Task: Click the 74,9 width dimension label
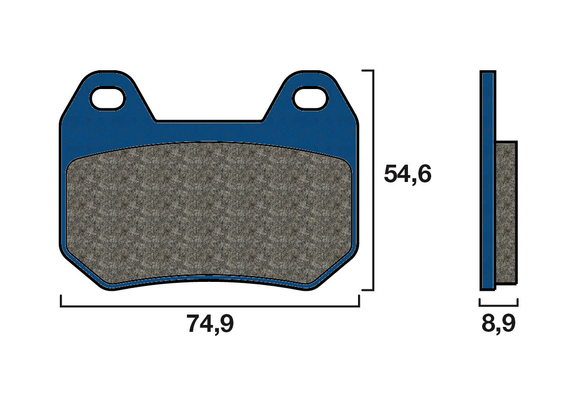pyautogui.click(x=210, y=324)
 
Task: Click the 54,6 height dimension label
pyautogui.click(x=407, y=175)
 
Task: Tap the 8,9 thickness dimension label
pyautogui.click(x=498, y=324)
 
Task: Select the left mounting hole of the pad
pyautogui.click(x=107, y=98)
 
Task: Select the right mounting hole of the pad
pyautogui.click(x=310, y=98)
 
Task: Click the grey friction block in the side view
pyautogui.click(x=505, y=213)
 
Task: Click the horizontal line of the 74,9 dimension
pyautogui.click(x=210, y=307)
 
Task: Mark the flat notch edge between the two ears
pyautogui.click(x=209, y=121)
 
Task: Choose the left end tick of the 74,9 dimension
pyautogui.click(x=61, y=301)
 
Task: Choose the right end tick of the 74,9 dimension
pyautogui.click(x=359, y=301)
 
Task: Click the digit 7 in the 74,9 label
pyautogui.click(x=194, y=324)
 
